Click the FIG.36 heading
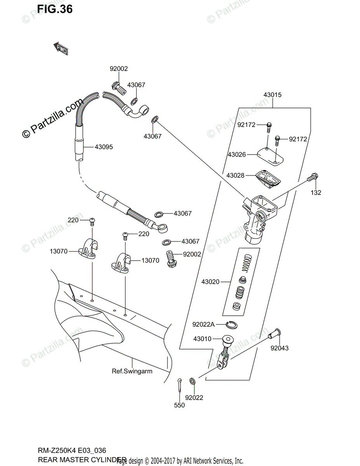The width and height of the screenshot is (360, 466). click(55, 9)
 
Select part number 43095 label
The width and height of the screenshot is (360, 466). click(104, 147)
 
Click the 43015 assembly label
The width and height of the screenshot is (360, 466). click(272, 95)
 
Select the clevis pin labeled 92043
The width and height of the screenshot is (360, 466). click(275, 334)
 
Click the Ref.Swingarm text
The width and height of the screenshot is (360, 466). click(132, 371)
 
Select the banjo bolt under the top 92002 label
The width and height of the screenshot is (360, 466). click(120, 89)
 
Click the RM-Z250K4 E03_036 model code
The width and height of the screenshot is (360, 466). click(72, 451)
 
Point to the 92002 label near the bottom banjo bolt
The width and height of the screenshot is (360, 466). click(192, 254)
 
